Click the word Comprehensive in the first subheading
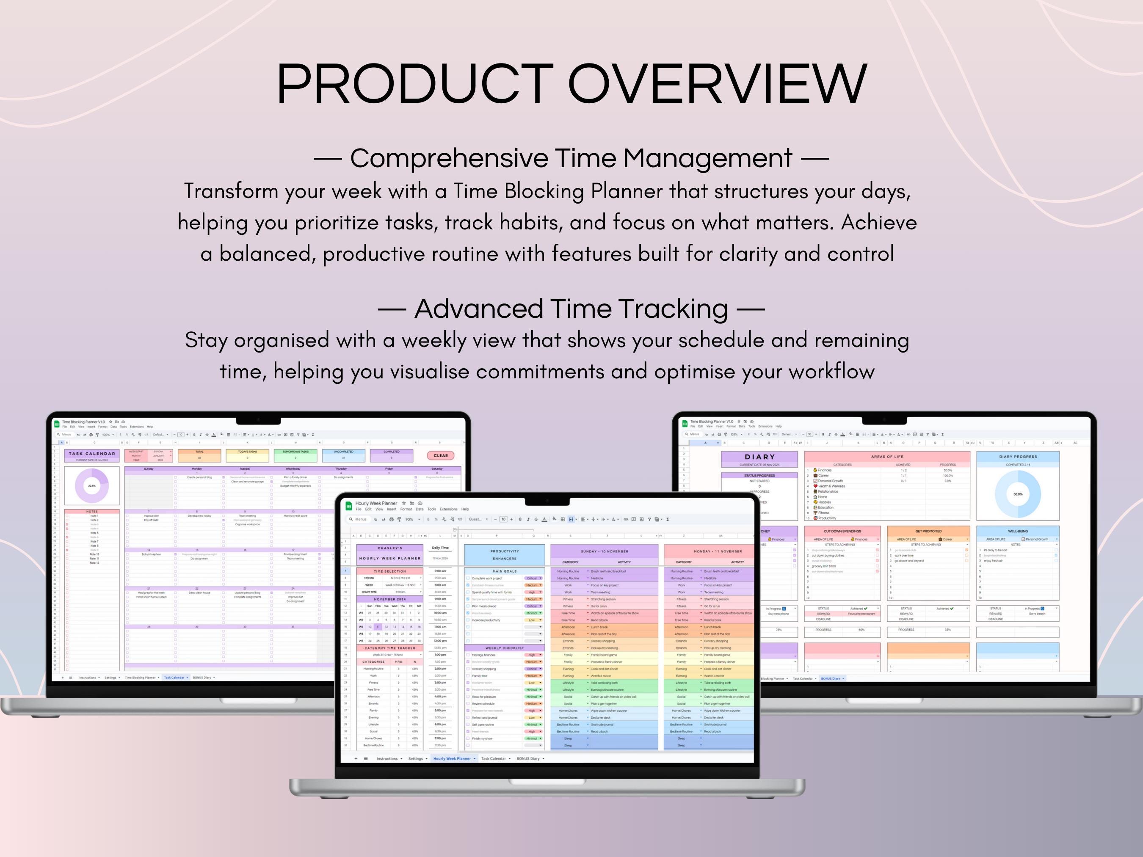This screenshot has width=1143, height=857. pyautogui.click(x=449, y=158)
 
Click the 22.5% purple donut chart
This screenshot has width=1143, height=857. pyautogui.click(x=92, y=485)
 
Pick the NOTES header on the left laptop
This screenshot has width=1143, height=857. pyautogui.click(x=92, y=511)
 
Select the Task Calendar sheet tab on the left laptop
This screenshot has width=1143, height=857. pyautogui.click(x=174, y=677)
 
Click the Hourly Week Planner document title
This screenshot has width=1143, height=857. pyautogui.click(x=376, y=503)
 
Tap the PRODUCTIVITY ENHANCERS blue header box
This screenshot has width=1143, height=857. pyautogui.click(x=504, y=555)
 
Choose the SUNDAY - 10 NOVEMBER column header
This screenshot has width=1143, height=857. pyautogui.click(x=604, y=551)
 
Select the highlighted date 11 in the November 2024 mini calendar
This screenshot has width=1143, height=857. pyautogui.click(x=378, y=627)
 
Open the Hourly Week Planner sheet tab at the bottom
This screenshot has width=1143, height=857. pyautogui.click(x=452, y=759)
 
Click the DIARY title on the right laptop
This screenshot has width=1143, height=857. pyautogui.click(x=759, y=457)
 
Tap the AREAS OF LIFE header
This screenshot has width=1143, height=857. pyautogui.click(x=887, y=457)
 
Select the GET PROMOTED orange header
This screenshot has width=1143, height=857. pyautogui.click(x=928, y=531)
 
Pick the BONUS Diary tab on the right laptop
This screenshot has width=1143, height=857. pyautogui.click(x=831, y=678)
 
